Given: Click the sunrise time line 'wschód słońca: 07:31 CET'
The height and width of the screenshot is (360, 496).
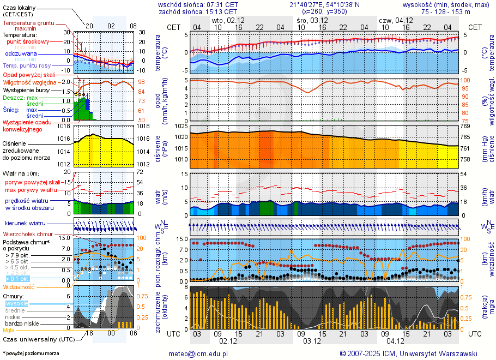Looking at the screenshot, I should [198, 4].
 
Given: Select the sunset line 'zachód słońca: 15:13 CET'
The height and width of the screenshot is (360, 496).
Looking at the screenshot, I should [198, 11].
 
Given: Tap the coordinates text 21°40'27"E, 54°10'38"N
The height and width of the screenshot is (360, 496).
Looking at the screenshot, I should [324, 4].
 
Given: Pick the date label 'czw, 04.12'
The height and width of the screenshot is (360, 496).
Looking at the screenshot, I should [396, 20].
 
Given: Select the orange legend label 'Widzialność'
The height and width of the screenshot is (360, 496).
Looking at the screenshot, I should [19, 286].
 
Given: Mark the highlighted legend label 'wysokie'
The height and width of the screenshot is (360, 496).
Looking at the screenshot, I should [16, 303].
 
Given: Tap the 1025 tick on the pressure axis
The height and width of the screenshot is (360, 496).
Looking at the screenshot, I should [180, 127].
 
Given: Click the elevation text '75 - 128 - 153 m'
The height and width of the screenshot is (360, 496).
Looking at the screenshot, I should [446, 11].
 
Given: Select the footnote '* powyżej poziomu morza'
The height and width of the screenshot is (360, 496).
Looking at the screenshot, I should [31, 353].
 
